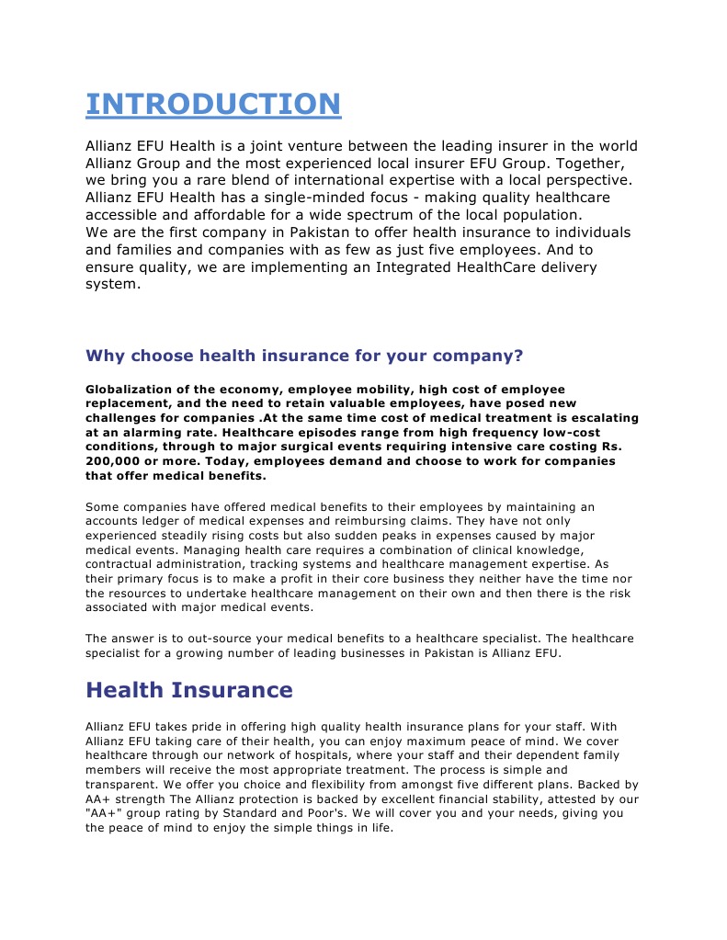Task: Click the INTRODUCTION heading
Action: click(212, 104)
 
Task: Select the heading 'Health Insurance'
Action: click(188, 690)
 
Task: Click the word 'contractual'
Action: click(124, 564)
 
